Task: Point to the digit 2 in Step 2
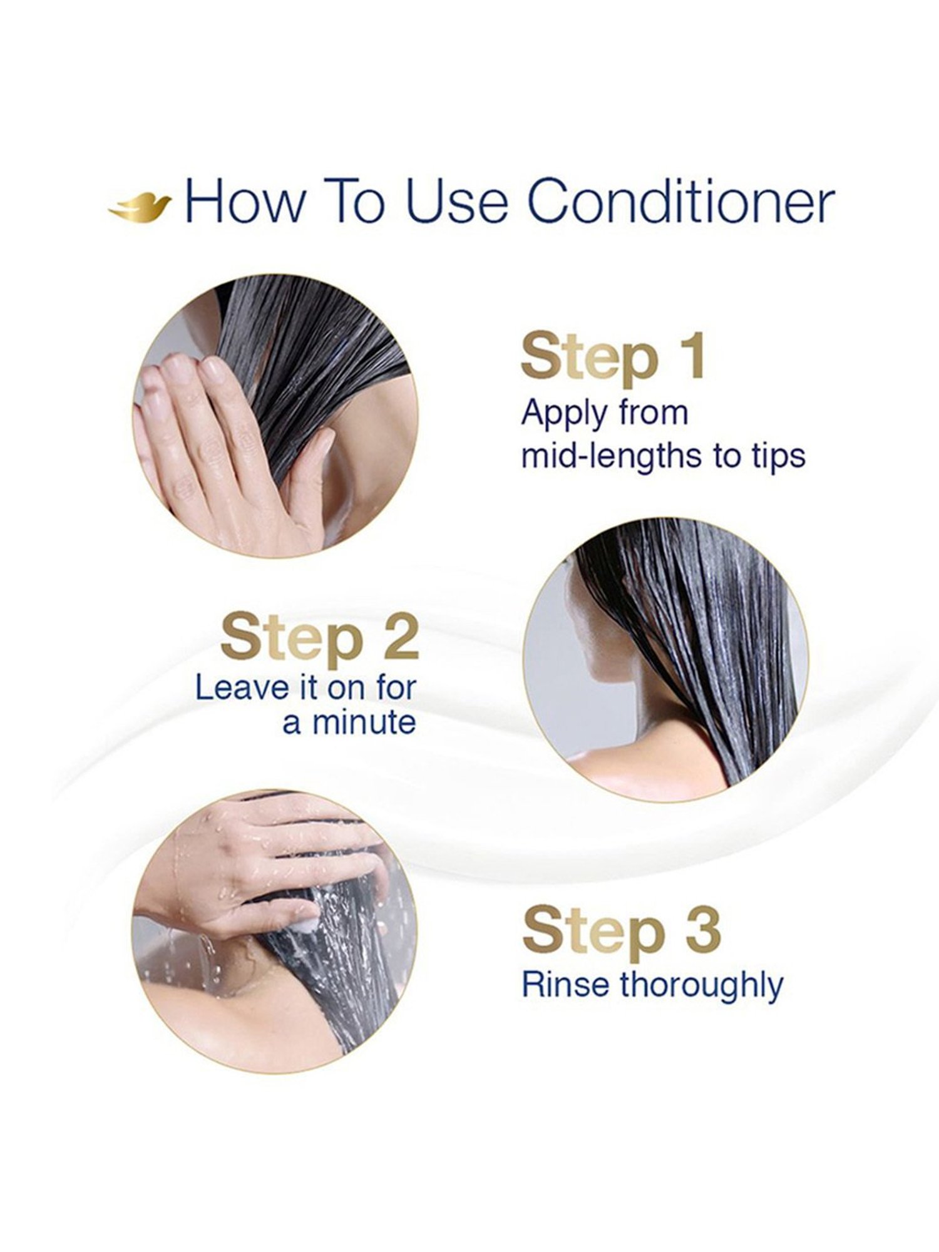point(394,637)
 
